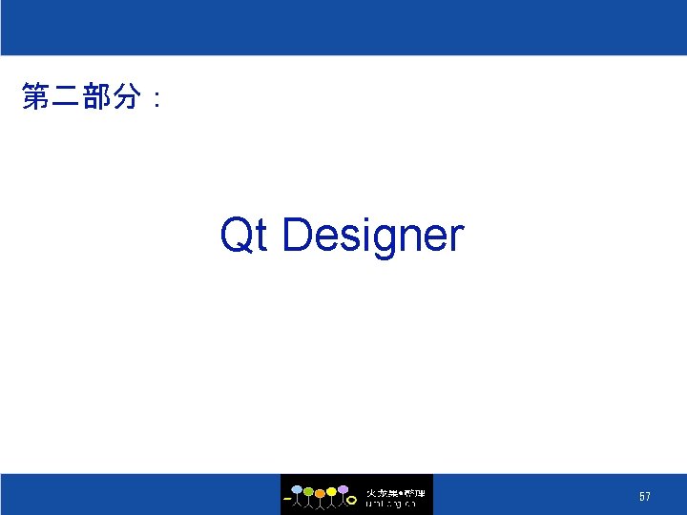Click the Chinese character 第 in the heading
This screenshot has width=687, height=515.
coord(35,96)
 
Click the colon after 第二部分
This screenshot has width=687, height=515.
coord(156,98)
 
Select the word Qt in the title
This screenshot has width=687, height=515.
coord(242,235)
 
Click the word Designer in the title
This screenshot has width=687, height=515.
coord(373,236)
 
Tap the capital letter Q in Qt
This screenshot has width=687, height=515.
coord(236,235)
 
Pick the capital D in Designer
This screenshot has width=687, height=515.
coord(297,235)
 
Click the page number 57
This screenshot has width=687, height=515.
coord(645,497)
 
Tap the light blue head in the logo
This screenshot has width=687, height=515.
coord(297,490)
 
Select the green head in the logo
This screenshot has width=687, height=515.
coord(308,491)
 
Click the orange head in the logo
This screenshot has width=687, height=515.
coord(320,492)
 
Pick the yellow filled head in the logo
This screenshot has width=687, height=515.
coord(331,491)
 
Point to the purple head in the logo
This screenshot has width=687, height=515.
coord(343,489)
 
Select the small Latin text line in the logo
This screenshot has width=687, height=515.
coord(391,504)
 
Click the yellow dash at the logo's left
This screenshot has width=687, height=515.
coord(287,499)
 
